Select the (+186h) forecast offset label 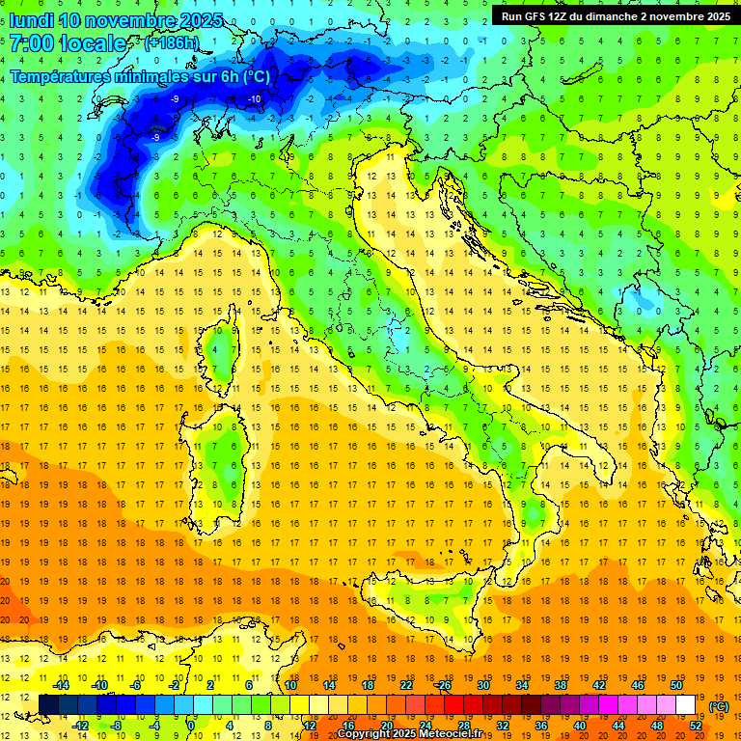pyautogui.click(x=171, y=43)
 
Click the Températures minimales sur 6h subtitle pyautogui.click(x=140, y=76)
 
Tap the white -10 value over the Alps pyautogui.click(x=255, y=99)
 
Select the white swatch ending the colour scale pyautogui.click(x=685, y=704)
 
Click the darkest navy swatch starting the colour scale pyautogui.click(x=48, y=704)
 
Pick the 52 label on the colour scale pyautogui.click(x=696, y=726)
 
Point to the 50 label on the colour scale pyautogui.click(x=676, y=684)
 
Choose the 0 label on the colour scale pyautogui.click(x=191, y=726)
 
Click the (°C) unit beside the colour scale pyautogui.click(x=719, y=705)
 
